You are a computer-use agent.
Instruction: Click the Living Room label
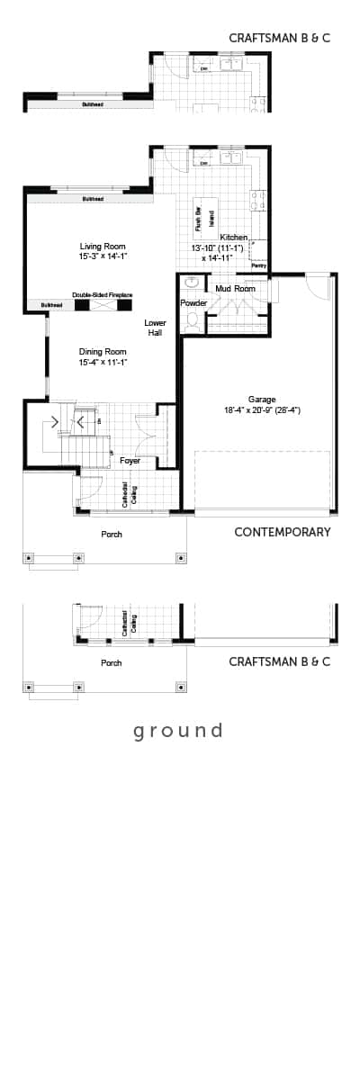(103, 246)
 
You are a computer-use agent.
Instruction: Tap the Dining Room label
(103, 351)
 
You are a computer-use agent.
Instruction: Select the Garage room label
(262, 399)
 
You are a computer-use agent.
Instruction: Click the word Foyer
(130, 461)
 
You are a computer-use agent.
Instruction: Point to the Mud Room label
(235, 288)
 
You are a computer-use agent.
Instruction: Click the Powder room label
(193, 303)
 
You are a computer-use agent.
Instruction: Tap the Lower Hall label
(155, 327)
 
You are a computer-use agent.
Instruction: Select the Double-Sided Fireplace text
(103, 294)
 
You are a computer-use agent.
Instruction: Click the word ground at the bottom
(178, 730)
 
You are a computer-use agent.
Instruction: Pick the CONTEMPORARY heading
(282, 532)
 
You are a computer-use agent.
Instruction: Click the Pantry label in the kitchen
(259, 265)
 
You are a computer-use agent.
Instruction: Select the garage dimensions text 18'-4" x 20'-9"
(262, 410)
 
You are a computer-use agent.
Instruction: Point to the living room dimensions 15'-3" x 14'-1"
(103, 256)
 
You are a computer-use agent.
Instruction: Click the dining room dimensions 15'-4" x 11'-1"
(103, 362)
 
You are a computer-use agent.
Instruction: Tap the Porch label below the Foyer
(112, 535)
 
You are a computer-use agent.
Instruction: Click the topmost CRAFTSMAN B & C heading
(280, 39)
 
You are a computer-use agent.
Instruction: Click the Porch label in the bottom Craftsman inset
(112, 663)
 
